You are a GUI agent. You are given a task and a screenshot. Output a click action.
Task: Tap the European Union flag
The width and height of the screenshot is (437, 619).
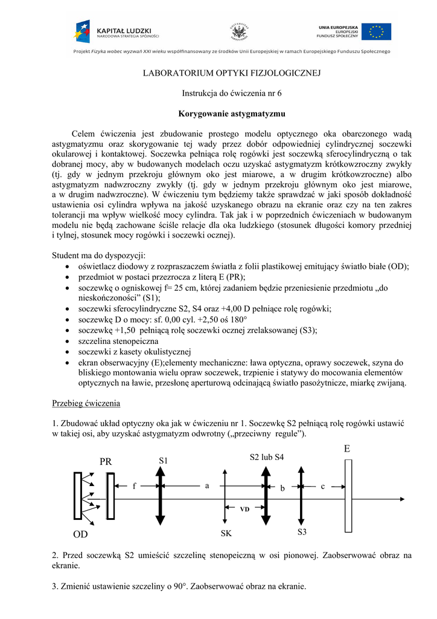pos(380,31)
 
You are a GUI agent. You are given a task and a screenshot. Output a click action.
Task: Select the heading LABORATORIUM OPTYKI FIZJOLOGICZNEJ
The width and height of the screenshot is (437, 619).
pos(232,74)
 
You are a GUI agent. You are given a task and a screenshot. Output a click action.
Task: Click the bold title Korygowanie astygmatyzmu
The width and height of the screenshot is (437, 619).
pos(232,114)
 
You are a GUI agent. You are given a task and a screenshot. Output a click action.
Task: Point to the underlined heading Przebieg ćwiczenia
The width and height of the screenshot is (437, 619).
pos(86,403)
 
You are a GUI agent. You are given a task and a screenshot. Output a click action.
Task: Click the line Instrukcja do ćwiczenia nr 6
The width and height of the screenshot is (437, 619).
pos(232,94)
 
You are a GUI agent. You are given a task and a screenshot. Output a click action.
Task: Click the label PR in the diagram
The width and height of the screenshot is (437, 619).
pos(106,462)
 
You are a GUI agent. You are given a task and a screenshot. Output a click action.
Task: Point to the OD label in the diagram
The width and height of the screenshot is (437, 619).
pos(80,535)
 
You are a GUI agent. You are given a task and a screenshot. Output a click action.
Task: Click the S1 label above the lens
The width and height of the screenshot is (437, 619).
pos(163,461)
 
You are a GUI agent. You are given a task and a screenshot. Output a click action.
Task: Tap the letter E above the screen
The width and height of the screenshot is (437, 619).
pos(347,449)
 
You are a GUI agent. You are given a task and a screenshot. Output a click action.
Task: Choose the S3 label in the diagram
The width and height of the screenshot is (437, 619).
pos(302,532)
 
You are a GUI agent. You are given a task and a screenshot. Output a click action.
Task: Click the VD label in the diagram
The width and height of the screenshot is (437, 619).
pos(244,510)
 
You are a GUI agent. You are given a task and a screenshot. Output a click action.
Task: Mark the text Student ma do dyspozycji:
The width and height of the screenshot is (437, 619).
pos(99,256)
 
